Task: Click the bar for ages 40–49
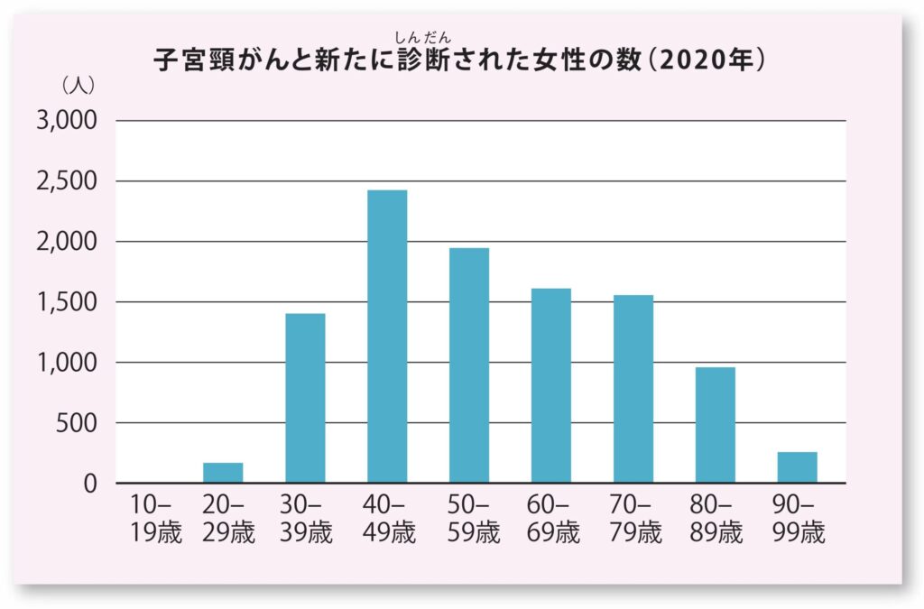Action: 387,336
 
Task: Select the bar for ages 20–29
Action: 223,473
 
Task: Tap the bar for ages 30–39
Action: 305,398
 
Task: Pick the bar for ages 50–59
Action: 469,364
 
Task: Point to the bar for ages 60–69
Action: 551,385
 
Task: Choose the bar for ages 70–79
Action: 633,388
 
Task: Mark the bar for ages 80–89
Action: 716,424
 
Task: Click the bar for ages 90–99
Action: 798,467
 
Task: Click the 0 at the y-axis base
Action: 90,484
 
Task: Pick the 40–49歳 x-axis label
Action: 387,518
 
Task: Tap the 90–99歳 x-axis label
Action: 798,518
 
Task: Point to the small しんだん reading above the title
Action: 422,37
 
